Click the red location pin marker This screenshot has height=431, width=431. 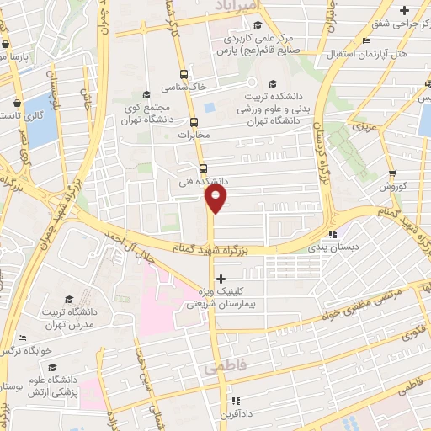(x=216, y=199)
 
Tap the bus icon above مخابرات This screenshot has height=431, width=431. (x=194, y=121)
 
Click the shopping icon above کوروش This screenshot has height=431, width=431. (x=391, y=171)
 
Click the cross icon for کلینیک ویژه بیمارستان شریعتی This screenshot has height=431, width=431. (x=221, y=279)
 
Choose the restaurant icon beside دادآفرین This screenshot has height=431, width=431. (x=237, y=401)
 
